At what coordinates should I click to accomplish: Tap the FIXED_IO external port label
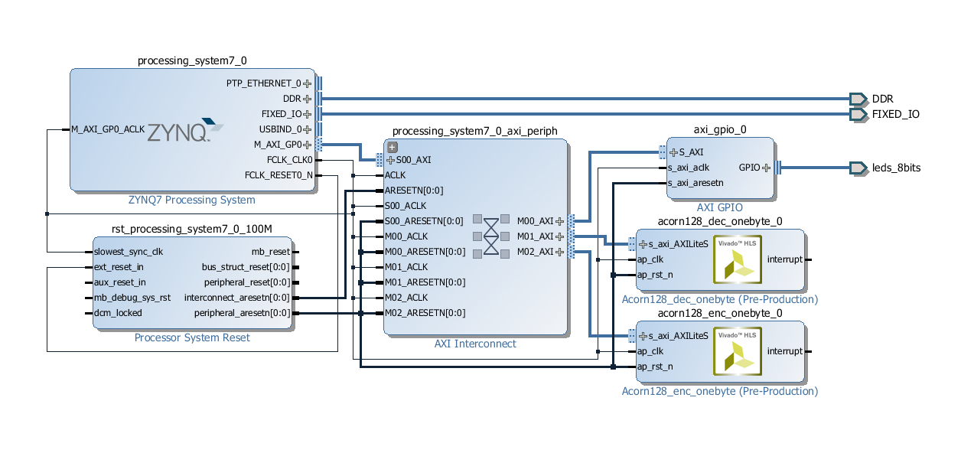point(895,114)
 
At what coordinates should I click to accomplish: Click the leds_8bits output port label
point(896,168)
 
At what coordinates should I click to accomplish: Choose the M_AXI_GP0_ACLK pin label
point(107,129)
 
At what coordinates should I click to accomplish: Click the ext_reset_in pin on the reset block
point(119,267)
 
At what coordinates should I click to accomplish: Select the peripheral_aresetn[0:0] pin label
point(242,313)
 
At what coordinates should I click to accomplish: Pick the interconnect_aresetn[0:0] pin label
point(237,298)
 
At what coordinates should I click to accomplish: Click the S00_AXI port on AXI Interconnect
point(413,160)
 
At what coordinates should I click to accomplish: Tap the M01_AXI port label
point(535,236)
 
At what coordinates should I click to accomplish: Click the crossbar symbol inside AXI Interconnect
point(491,236)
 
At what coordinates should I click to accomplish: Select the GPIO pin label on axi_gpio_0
point(749,168)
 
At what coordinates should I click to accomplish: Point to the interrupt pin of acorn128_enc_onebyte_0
point(784,351)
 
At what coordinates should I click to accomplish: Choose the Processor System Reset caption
point(191,337)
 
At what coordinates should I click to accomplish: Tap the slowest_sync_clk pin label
point(129,252)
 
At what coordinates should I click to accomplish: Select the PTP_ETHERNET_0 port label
point(264,83)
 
